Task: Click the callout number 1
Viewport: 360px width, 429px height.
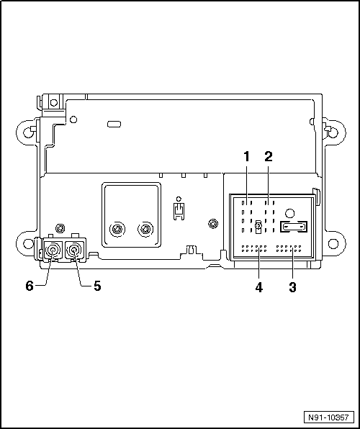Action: coord(246,155)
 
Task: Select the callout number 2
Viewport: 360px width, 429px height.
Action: coord(268,155)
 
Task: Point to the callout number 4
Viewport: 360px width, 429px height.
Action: coord(258,286)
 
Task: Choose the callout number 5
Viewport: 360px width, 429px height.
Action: coord(96,286)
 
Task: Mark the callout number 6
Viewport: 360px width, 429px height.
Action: coord(30,286)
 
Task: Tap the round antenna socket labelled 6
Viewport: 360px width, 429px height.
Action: coord(53,251)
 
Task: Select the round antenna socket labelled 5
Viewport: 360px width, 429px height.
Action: coord(74,251)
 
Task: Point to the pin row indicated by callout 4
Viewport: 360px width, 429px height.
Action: coord(253,248)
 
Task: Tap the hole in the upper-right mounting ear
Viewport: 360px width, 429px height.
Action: coord(332,132)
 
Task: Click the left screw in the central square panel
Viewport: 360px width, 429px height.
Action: coord(116,230)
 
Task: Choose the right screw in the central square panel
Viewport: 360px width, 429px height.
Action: coord(145,230)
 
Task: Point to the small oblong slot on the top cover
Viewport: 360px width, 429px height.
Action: coord(114,125)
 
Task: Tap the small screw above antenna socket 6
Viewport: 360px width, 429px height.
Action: coord(61,227)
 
